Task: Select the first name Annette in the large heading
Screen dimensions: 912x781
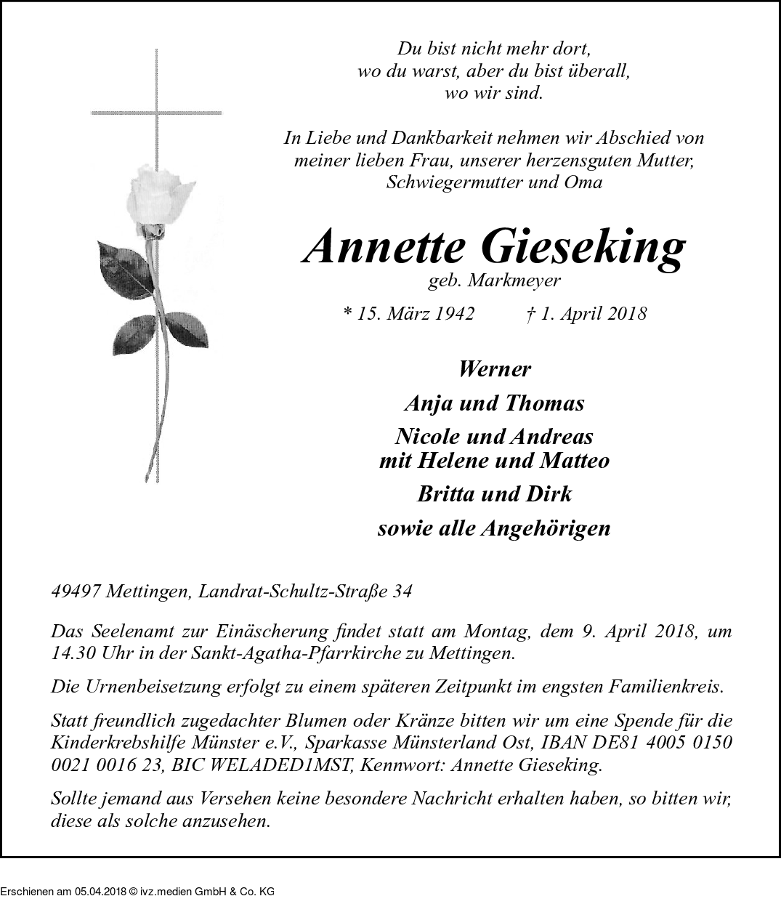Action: tap(384, 248)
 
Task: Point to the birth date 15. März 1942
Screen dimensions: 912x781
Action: tap(408, 313)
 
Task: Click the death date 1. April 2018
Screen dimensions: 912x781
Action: tap(585, 313)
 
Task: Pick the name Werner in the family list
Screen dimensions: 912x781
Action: tap(494, 369)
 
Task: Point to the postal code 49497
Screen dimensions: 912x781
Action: tap(76, 592)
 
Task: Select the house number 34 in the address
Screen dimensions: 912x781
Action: tap(402, 592)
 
